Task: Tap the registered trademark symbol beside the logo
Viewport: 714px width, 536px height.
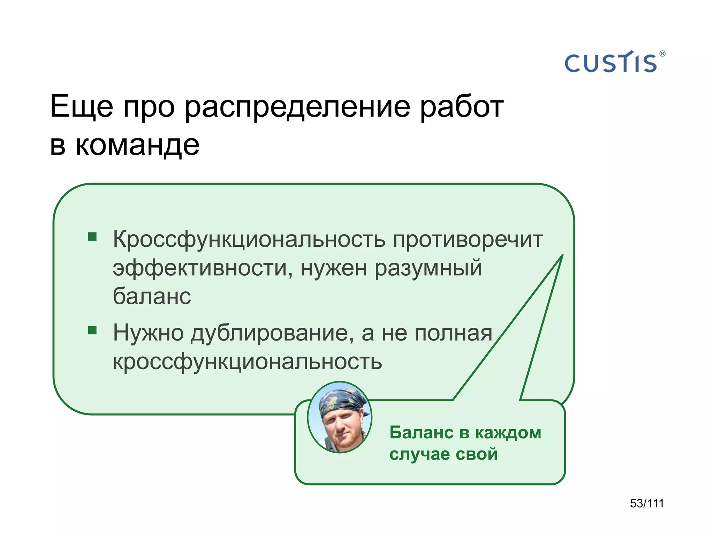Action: coord(662,54)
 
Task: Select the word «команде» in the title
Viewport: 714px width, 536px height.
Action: coord(137,145)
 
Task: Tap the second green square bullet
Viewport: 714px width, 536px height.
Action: coord(92,330)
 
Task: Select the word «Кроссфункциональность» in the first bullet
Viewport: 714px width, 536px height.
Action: coord(249,240)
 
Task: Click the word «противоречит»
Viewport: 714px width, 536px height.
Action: coord(468,240)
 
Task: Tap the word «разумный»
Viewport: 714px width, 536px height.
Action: coord(428,269)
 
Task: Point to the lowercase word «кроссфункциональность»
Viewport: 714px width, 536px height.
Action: coord(248,362)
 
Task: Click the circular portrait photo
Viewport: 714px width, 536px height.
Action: coord(340,417)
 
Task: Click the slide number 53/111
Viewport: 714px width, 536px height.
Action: coord(647,503)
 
